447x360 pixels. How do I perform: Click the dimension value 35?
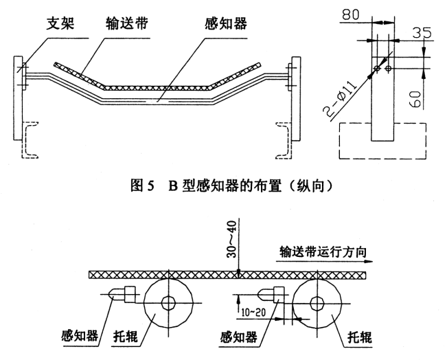423,33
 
